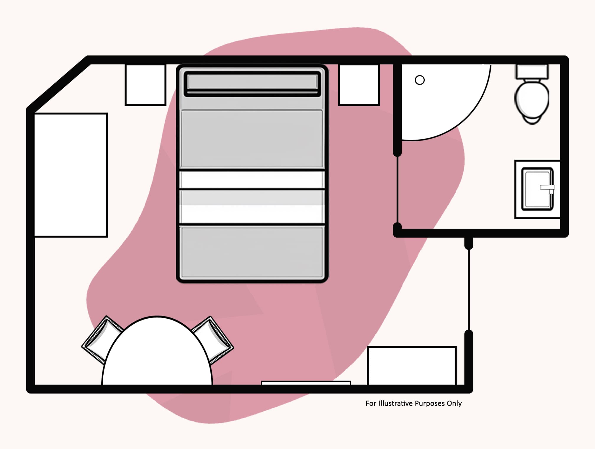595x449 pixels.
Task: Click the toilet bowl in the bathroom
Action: pos(532,100)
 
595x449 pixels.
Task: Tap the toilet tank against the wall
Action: pos(532,71)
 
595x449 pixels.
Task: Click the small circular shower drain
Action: pos(419,80)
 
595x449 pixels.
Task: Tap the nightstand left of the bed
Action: pos(146,85)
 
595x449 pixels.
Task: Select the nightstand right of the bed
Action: pos(359,85)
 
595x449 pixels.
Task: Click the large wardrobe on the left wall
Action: pos(71,175)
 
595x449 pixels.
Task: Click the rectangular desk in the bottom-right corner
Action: pos(412,366)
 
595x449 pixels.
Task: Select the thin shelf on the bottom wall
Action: pos(306,383)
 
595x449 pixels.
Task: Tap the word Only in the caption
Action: pos(454,403)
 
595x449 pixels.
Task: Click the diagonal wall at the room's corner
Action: pos(58,84)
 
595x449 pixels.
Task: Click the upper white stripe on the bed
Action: pos(252,179)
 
